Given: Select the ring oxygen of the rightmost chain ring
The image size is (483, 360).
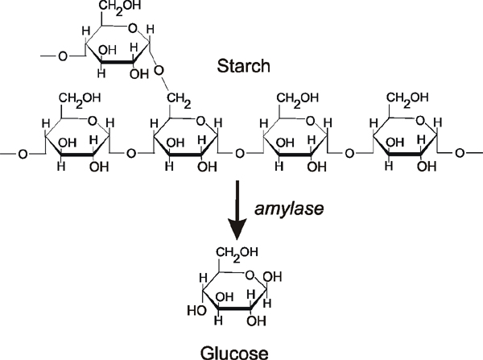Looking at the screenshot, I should [413, 122].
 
